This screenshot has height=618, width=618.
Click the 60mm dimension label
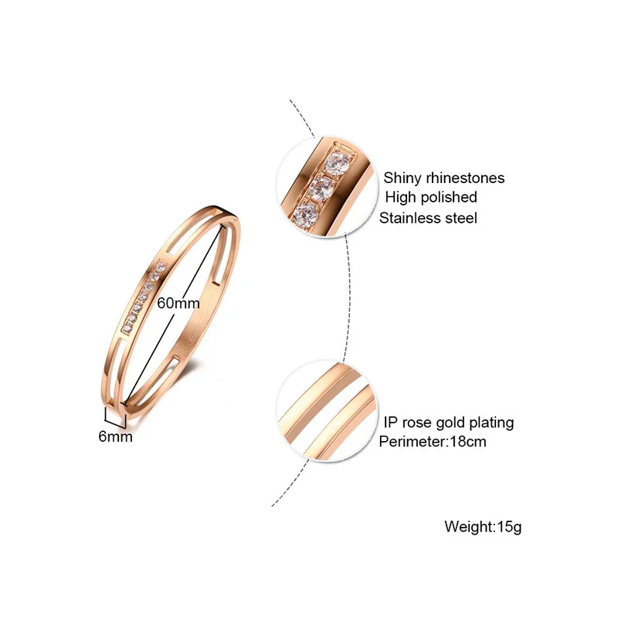(x=178, y=304)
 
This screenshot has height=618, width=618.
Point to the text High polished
(x=430, y=198)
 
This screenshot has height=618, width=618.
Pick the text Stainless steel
(x=428, y=218)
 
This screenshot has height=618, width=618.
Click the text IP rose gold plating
(x=448, y=423)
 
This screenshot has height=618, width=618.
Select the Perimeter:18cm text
(x=432, y=442)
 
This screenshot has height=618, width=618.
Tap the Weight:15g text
(x=484, y=527)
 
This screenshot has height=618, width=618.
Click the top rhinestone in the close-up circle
(x=336, y=163)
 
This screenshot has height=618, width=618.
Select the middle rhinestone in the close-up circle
(x=321, y=188)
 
